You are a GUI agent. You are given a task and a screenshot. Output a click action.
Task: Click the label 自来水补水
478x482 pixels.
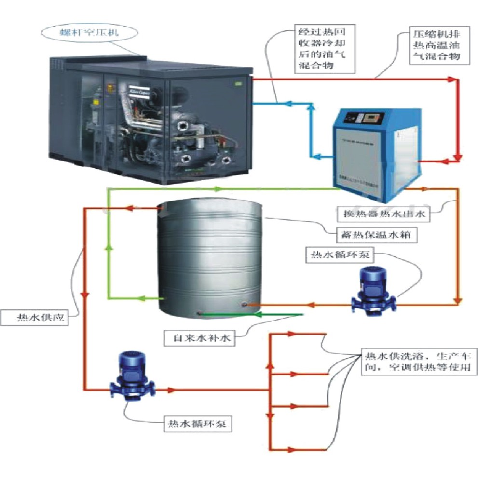click(199, 338)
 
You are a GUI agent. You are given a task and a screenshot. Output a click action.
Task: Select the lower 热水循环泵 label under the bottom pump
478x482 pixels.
click(199, 424)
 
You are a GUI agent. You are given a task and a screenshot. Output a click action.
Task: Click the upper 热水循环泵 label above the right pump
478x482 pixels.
click(338, 255)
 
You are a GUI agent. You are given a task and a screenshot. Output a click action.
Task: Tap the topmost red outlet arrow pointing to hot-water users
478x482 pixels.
click(291, 334)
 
